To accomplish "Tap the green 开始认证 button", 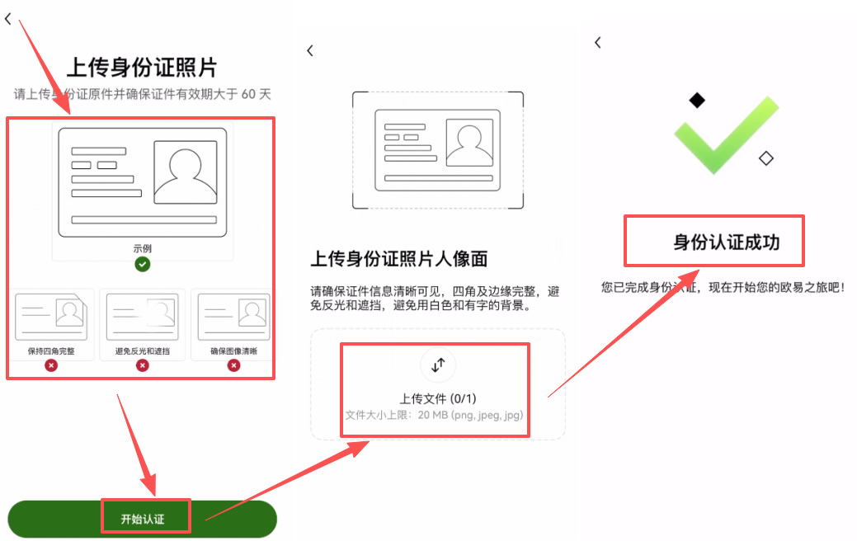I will (x=142, y=519).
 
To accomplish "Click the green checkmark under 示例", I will (x=143, y=264).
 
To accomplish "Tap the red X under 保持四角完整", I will (x=51, y=365).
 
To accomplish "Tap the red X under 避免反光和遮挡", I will (x=143, y=365).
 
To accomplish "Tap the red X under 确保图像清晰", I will (x=233, y=365).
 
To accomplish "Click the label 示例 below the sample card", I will (x=143, y=248).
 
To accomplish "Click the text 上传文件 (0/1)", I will (x=438, y=398).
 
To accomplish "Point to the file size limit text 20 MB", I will (x=434, y=415).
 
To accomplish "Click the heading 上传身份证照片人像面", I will (x=399, y=259).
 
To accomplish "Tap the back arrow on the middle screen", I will (x=310, y=51).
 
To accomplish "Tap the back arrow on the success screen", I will (x=598, y=43).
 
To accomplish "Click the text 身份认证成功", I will (x=726, y=242).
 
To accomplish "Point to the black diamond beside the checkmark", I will (x=698, y=101).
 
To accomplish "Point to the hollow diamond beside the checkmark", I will (x=766, y=158).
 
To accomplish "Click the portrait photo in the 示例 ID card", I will (x=186, y=172).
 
